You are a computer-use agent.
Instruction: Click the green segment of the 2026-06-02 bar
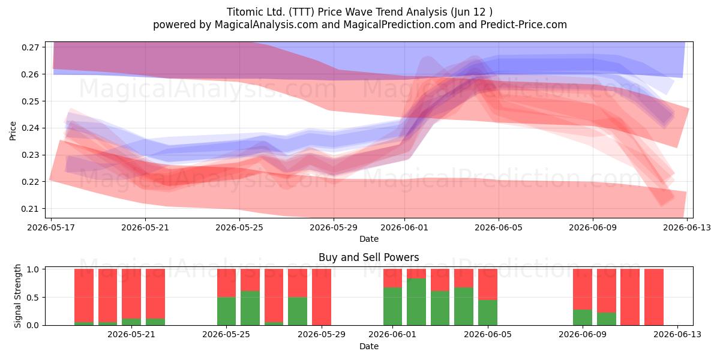416,302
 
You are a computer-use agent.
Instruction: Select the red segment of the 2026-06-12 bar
654,297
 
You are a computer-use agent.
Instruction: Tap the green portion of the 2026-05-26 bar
250,308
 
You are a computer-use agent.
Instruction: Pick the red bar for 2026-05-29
322,297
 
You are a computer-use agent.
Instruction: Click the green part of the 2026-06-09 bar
583,317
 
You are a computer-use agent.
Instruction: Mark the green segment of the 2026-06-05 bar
488,313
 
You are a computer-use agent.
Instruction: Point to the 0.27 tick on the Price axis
30,47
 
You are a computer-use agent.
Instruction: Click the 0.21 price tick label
30,209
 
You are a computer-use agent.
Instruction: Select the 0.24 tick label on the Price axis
30,128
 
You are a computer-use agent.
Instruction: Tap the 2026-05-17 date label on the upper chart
51,227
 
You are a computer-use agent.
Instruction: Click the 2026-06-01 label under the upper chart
404,227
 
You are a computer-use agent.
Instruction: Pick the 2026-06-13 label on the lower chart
677,334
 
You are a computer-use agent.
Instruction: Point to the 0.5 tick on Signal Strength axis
34,298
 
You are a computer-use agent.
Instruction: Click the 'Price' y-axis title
13,131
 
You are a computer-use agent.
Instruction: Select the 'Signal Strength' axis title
17,296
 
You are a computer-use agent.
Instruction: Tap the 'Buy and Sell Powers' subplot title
368,257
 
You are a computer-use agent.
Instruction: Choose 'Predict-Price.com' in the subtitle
524,25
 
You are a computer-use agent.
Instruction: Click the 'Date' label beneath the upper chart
368,239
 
